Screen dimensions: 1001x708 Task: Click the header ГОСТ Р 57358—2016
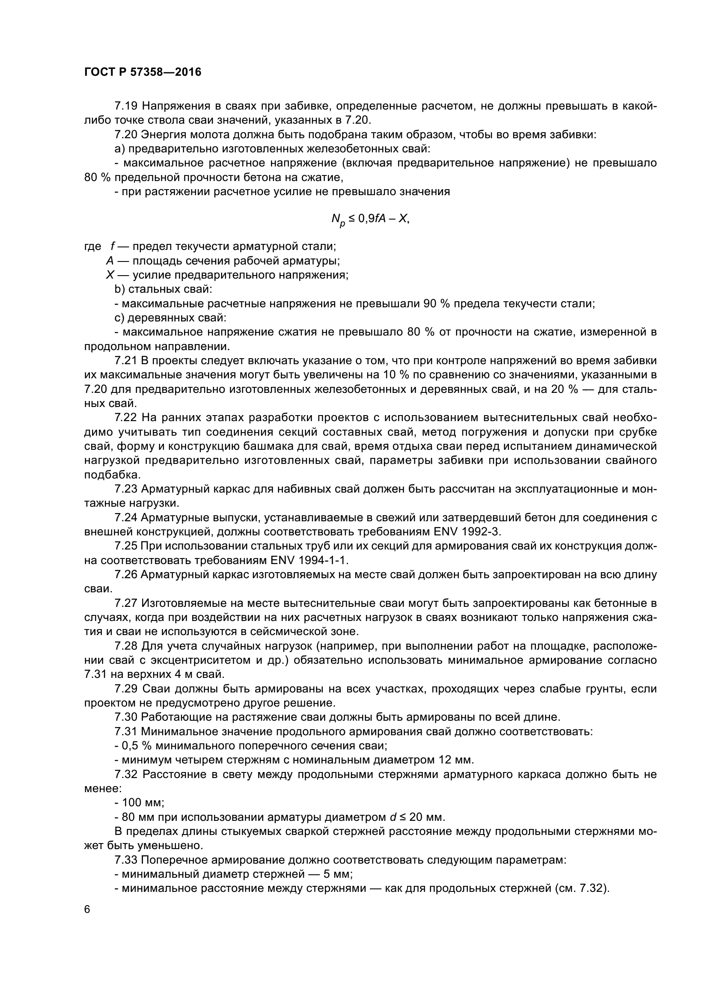143,72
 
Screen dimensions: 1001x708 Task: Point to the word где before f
92,247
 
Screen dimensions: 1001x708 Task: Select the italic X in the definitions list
110,275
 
